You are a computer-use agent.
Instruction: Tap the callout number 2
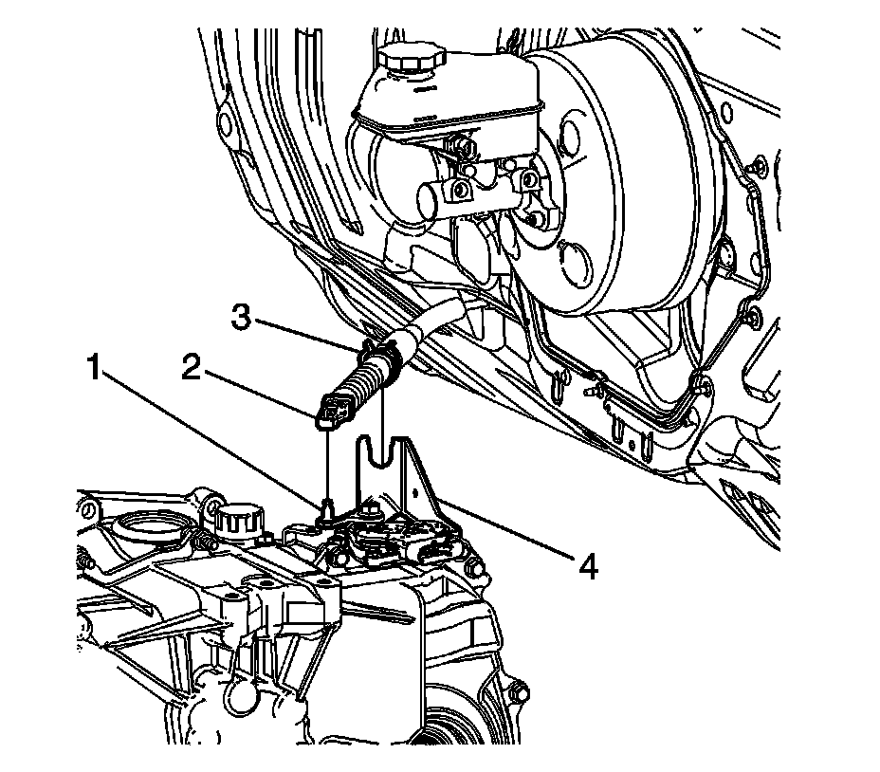(x=192, y=368)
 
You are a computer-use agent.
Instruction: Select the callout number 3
(x=242, y=317)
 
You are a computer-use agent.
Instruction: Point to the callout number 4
(x=589, y=566)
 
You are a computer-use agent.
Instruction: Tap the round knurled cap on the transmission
(x=233, y=518)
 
